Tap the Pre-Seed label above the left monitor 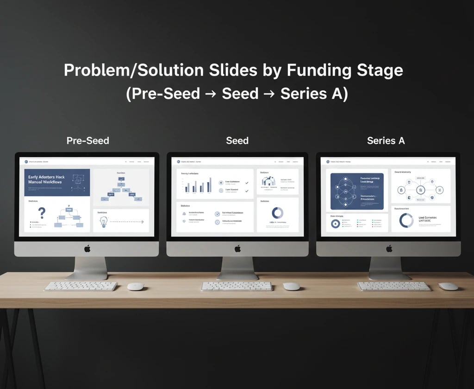(88, 140)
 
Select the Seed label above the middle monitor (237, 140)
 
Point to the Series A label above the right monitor (386, 140)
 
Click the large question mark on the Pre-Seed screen (42, 213)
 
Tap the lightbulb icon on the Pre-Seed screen (103, 222)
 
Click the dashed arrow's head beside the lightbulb (142, 222)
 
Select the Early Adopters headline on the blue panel (46, 179)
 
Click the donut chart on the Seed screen (277, 213)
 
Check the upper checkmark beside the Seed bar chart (247, 183)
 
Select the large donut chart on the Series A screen (406, 220)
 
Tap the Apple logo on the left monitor (87, 249)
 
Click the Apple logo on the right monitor (389, 249)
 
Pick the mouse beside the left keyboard (136, 287)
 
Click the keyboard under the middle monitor (237, 286)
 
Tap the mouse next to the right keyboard (448, 287)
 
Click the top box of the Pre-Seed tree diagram (121, 177)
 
